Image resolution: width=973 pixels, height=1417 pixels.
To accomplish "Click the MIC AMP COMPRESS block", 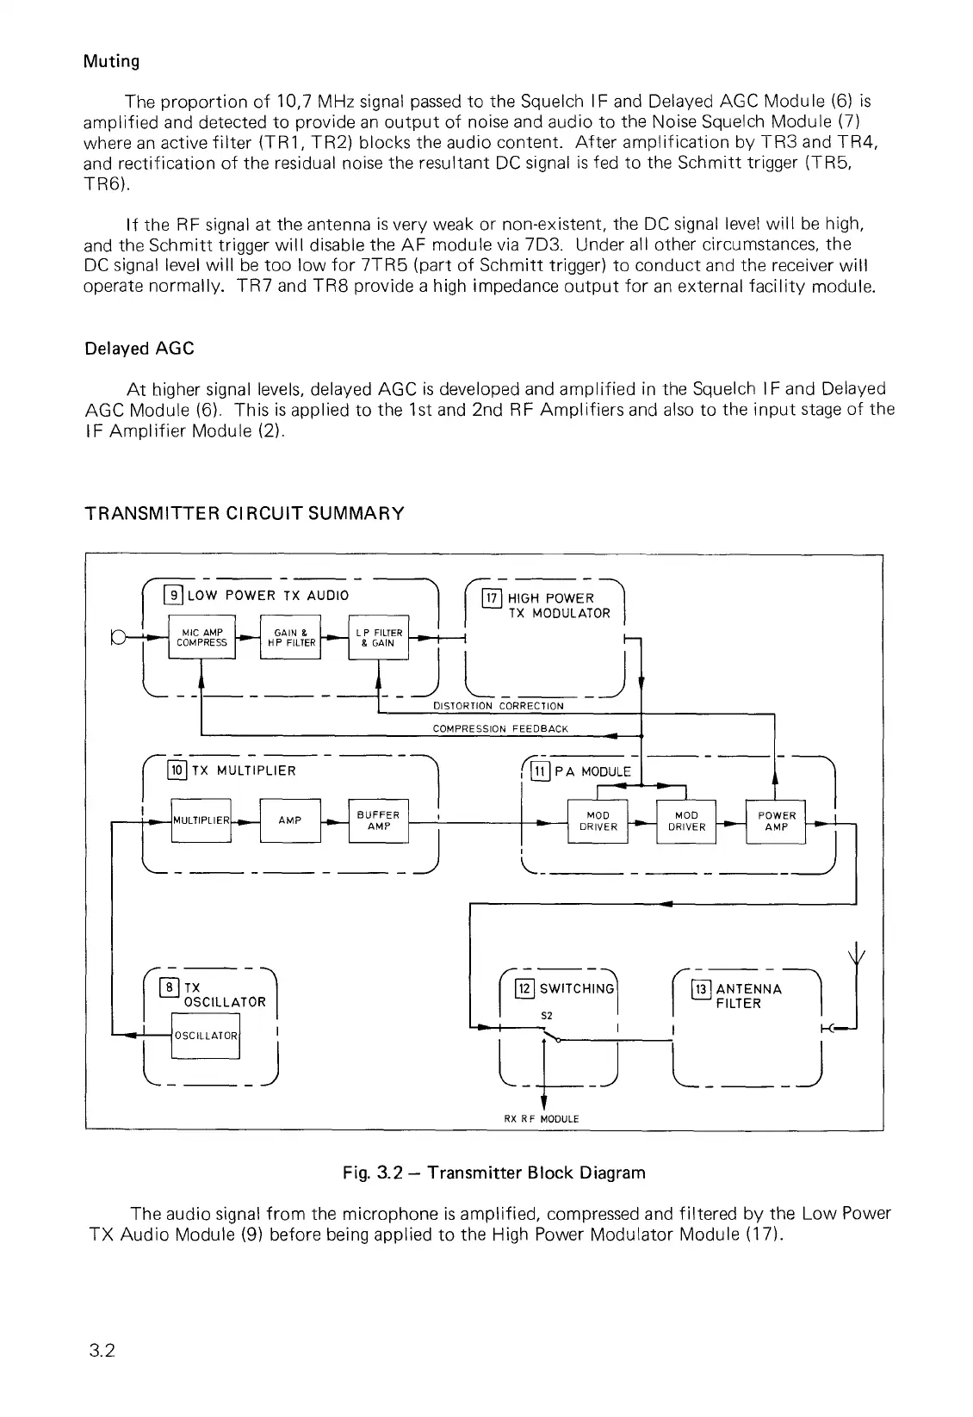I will tap(201, 638).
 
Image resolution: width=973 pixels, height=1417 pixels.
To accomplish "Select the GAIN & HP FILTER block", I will tap(291, 638).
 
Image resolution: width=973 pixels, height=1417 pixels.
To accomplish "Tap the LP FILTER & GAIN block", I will tap(378, 638).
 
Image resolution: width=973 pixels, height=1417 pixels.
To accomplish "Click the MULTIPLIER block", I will tap(201, 820).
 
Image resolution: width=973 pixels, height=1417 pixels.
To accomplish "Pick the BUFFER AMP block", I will tap(378, 820).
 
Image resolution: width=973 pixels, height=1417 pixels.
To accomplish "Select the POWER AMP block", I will tap(776, 821).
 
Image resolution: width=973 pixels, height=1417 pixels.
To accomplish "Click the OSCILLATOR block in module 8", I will tap(205, 1036).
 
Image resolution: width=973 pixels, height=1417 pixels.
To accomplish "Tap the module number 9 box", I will tap(174, 595).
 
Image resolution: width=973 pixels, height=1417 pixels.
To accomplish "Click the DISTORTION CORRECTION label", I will tap(498, 706).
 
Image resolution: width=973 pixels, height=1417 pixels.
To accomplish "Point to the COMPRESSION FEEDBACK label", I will tap(500, 729).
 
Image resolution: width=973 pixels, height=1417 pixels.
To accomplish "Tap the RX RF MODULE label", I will tap(542, 1118).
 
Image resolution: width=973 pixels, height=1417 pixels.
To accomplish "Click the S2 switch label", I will tap(546, 1015).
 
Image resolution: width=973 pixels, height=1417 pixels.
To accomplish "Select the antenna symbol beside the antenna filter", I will tap(857, 954).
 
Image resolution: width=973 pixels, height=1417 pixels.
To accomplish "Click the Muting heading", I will tap(111, 61).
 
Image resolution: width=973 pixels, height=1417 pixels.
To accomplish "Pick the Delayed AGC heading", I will tap(139, 349).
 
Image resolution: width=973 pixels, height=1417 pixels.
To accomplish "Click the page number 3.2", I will tap(102, 1374).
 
